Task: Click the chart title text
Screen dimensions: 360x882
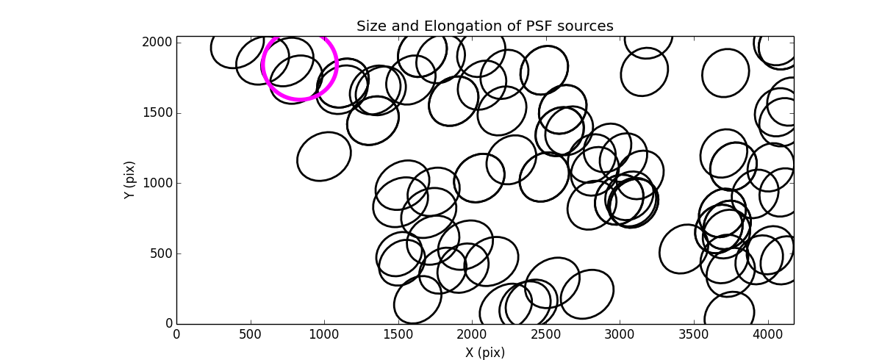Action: (485, 26)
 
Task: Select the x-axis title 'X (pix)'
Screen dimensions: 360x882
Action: (485, 353)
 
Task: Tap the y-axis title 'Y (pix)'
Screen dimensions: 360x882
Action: (129, 180)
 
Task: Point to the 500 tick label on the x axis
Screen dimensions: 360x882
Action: (251, 335)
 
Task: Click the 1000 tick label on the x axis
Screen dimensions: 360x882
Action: (324, 335)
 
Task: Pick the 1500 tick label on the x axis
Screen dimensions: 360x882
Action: (398, 335)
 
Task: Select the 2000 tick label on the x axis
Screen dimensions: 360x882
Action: (472, 335)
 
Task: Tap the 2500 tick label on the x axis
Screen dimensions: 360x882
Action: (546, 335)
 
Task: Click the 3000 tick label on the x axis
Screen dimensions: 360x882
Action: (620, 335)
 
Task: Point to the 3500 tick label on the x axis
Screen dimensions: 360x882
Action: (694, 335)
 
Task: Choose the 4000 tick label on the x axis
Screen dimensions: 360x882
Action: (767, 335)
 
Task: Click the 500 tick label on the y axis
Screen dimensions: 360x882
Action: (162, 253)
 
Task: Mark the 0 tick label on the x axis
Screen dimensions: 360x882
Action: (177, 335)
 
